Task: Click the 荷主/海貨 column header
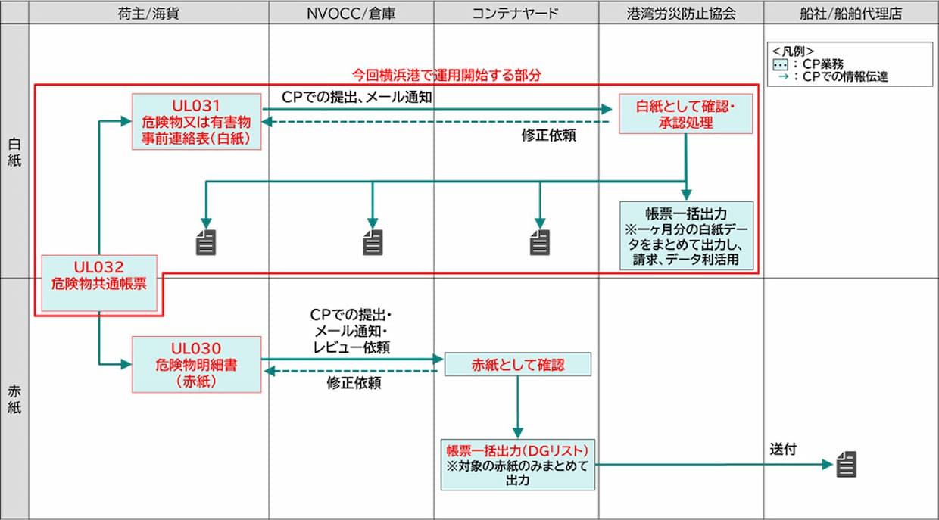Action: click(148, 14)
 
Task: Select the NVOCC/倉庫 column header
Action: click(351, 14)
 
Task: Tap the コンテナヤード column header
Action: click(516, 14)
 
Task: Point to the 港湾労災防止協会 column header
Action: click(682, 14)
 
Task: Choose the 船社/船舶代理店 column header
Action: click(851, 14)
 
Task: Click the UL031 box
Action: click(197, 122)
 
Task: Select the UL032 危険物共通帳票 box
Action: click(99, 283)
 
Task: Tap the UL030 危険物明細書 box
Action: click(197, 365)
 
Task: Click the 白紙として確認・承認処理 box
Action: click(686, 114)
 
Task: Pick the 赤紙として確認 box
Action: click(518, 365)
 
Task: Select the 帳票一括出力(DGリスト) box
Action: click(518, 465)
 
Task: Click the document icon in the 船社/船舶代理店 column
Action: click(847, 464)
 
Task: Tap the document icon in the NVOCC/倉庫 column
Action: click(373, 242)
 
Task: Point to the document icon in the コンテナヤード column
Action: click(539, 242)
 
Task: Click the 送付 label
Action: click(783, 449)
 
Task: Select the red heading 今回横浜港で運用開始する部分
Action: click(447, 75)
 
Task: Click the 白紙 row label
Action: click(14, 152)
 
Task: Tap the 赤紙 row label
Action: click(14, 400)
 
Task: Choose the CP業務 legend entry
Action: click(808, 64)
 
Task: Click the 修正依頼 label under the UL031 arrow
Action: click(548, 135)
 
